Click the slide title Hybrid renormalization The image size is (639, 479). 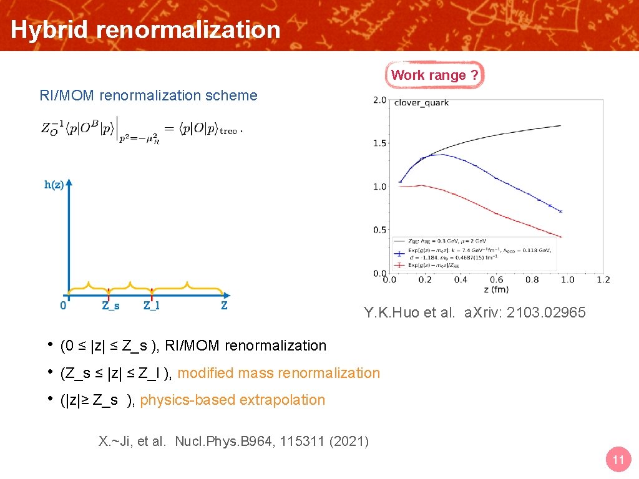click(x=145, y=29)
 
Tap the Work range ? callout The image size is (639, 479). click(x=434, y=75)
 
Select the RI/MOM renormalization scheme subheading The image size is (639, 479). click(x=148, y=95)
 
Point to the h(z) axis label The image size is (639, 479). click(x=54, y=185)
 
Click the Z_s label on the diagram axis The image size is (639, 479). click(x=110, y=306)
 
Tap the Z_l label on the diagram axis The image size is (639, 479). click(x=151, y=306)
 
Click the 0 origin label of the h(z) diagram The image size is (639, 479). click(x=63, y=306)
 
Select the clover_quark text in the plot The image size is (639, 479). click(x=421, y=103)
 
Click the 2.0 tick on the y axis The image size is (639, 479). click(x=378, y=100)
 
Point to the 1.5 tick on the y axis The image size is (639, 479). click(x=378, y=143)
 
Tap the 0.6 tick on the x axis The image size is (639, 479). click(x=496, y=279)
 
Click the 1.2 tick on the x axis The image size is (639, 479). click(x=603, y=279)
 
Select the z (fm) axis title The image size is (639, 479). click(x=495, y=289)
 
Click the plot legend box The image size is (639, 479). click(x=474, y=254)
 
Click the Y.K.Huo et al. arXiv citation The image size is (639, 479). click(x=475, y=312)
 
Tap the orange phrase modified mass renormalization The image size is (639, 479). click(x=278, y=373)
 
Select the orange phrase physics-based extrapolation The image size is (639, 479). click(x=232, y=400)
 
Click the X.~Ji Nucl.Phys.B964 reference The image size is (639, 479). click(x=234, y=442)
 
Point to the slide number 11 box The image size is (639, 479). click(x=618, y=460)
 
